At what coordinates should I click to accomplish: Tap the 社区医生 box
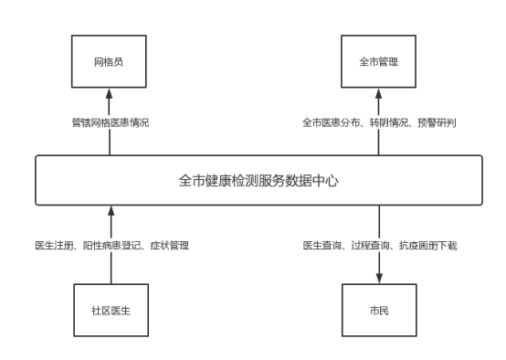[109, 309]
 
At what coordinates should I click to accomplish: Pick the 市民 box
[378, 309]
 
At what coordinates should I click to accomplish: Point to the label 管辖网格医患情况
[110, 122]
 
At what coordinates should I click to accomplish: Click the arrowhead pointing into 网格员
[109, 92]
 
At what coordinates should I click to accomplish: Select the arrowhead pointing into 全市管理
[378, 92]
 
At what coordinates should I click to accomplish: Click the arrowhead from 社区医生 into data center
[109, 211]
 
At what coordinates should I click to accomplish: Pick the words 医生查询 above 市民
[322, 246]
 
